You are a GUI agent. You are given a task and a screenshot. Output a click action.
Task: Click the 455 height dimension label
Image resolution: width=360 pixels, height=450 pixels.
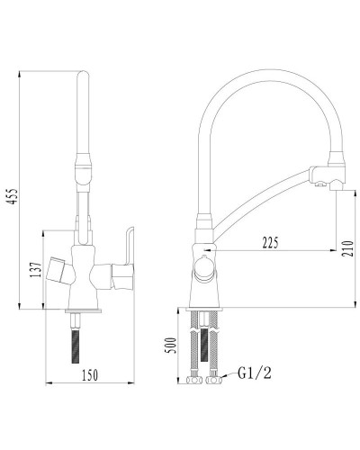click(x=13, y=196)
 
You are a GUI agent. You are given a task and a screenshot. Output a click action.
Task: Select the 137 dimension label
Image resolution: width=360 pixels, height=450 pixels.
click(x=36, y=270)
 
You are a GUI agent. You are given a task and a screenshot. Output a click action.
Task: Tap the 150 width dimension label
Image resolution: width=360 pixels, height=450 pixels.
click(x=90, y=375)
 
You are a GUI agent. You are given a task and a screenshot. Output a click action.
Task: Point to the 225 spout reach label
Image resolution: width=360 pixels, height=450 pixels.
click(x=270, y=243)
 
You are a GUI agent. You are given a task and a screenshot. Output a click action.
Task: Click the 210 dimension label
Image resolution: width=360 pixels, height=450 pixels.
click(x=348, y=248)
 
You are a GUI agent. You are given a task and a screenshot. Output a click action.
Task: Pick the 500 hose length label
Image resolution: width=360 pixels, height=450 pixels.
click(x=171, y=346)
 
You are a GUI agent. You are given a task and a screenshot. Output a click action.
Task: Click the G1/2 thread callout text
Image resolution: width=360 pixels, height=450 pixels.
click(x=255, y=373)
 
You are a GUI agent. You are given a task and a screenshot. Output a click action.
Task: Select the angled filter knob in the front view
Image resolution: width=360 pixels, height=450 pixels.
click(x=60, y=270)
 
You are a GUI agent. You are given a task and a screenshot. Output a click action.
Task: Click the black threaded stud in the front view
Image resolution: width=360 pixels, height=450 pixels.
click(x=76, y=346)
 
